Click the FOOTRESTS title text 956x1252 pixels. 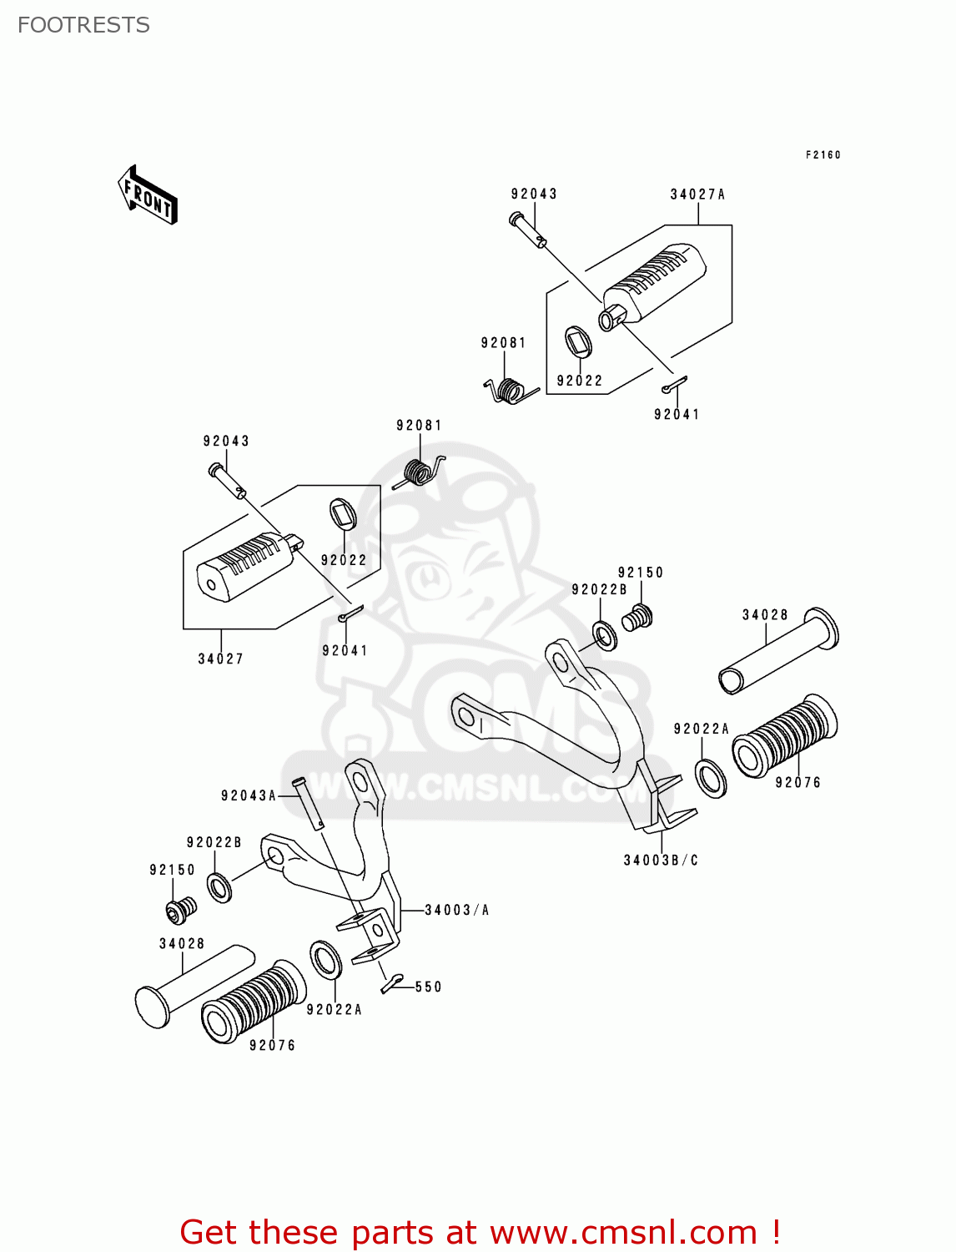coord(83,25)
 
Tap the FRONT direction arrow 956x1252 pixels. coord(148,195)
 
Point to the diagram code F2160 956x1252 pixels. coord(823,155)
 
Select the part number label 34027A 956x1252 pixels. coord(697,194)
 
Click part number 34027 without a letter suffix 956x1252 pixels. coord(220,659)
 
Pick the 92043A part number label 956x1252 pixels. coord(249,795)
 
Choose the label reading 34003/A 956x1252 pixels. coord(456,910)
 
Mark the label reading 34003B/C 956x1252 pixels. coord(661,860)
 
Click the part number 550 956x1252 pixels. coord(428,987)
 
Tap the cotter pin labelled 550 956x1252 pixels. coord(391,983)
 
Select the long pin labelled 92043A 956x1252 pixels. coord(309,803)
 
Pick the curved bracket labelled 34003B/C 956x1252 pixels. coord(584,726)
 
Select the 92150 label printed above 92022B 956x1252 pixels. coord(640,573)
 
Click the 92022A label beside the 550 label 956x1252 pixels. coord(334,1009)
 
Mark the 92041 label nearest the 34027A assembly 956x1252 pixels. coord(677,414)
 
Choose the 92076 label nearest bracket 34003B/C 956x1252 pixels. coord(798,782)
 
